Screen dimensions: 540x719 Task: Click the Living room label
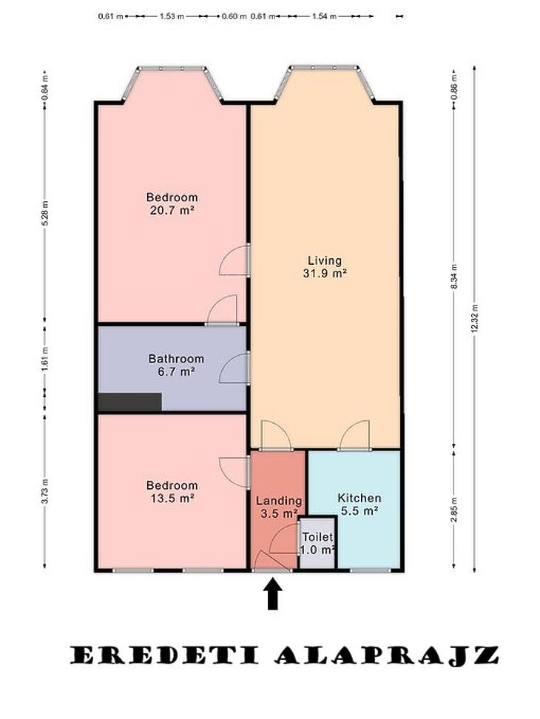pos(325,261)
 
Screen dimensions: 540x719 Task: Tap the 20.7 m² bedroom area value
pos(172,211)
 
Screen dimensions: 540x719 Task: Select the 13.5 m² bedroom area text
pos(172,498)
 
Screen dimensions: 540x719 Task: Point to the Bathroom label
pos(176,359)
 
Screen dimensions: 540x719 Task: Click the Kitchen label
pos(360,498)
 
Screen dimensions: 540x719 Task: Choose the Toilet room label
pos(317,537)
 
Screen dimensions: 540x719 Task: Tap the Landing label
pos(279,501)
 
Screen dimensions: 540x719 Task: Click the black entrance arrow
pos(273,594)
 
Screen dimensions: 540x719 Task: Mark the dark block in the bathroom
pos(129,402)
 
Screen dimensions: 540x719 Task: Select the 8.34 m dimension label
pos(454,277)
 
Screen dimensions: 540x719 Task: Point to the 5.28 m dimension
pos(45,213)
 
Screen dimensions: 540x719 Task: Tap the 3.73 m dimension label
pos(45,490)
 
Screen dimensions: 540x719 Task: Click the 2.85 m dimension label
pos(454,510)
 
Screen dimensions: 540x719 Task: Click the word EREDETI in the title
pos(163,655)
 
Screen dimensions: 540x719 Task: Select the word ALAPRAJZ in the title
pos(386,655)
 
